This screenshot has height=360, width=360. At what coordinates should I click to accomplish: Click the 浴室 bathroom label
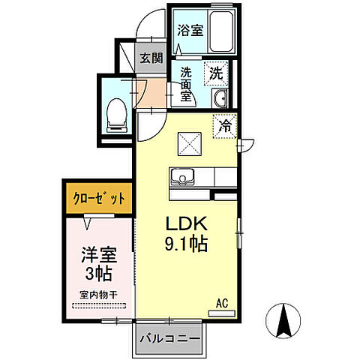tap(190, 31)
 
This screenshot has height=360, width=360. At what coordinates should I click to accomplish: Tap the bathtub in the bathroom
tap(223, 32)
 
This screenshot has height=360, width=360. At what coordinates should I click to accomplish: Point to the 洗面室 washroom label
tap(187, 86)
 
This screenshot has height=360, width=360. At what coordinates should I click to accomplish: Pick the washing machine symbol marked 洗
tap(216, 73)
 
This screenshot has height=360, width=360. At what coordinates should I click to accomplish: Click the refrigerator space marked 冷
tap(225, 126)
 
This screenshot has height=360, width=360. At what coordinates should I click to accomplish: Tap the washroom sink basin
tap(219, 100)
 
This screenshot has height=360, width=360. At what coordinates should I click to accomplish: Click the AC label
tap(222, 303)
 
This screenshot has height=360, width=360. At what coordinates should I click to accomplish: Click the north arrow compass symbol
tap(285, 321)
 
